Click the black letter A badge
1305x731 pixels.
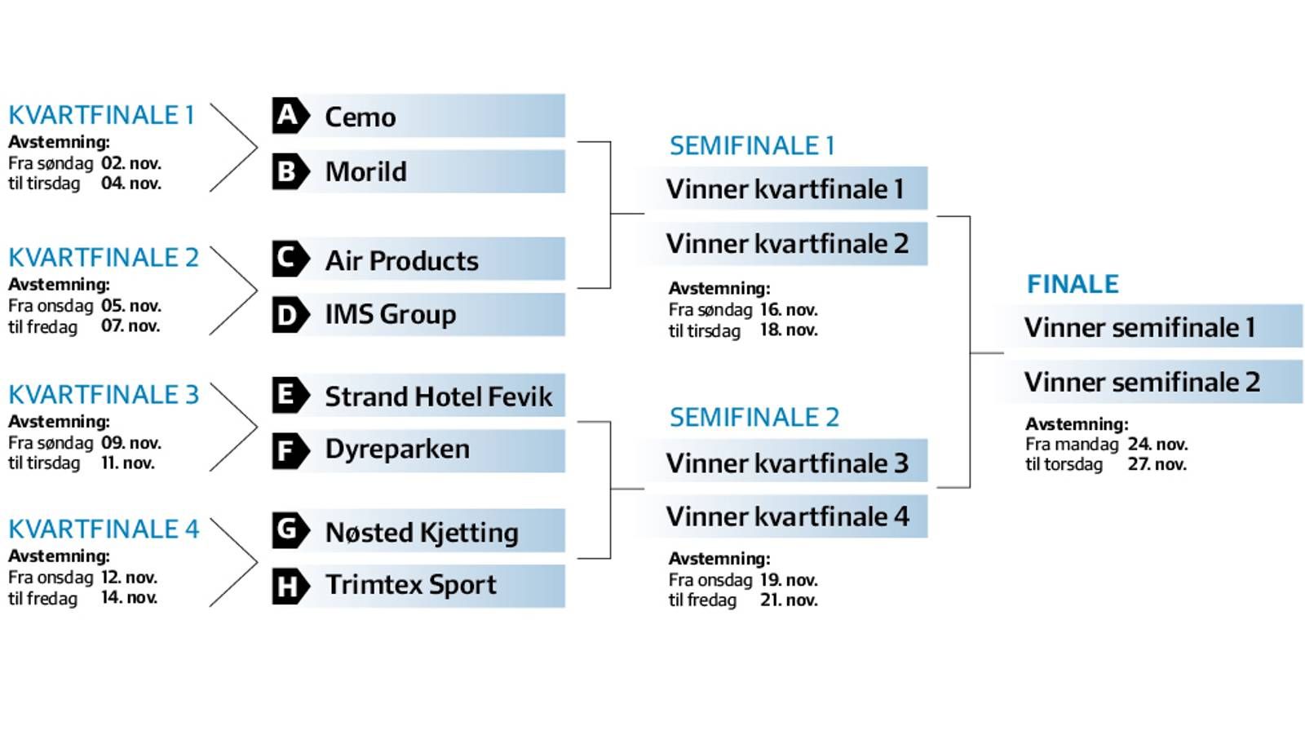pos(290,115)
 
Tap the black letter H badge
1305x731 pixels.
pos(290,586)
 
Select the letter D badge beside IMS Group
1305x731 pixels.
pos(290,315)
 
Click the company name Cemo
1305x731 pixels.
pos(361,117)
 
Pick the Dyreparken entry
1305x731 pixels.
pos(397,450)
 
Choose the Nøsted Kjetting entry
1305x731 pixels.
pos(422,532)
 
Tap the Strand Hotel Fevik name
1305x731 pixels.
pos(439,397)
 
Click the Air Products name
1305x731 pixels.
pos(402,260)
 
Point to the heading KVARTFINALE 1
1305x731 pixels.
pos(101,115)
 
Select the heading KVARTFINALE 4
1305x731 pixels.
pos(104,529)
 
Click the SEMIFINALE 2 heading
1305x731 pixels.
pos(754,418)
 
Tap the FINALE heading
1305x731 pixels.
pos(1073,285)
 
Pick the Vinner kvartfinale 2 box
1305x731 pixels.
pos(786,244)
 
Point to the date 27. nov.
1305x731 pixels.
pos(1157,464)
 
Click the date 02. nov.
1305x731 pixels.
pos(131,163)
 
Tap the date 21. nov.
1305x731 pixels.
pos(789,600)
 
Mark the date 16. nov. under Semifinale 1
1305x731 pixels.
pos(789,309)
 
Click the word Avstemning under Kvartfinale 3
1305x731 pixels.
pos(59,422)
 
